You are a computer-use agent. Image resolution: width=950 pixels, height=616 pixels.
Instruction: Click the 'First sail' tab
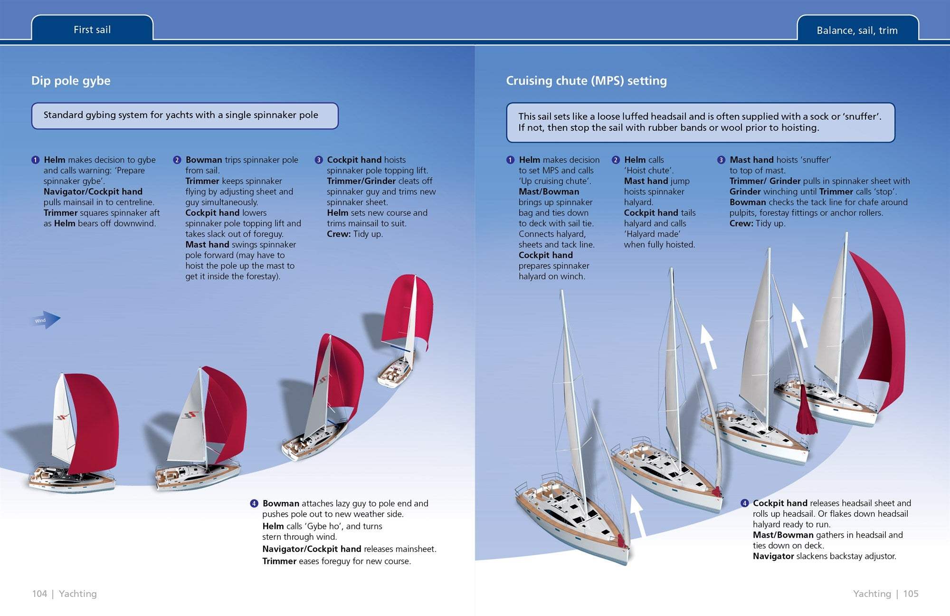pyautogui.click(x=92, y=29)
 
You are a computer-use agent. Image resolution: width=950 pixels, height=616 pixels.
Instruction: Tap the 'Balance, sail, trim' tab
pyautogui.click(x=857, y=30)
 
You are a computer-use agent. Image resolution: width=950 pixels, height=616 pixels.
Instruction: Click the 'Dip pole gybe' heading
pyautogui.click(x=71, y=81)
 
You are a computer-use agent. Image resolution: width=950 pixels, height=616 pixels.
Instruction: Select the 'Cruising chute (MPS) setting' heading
pyautogui.click(x=586, y=81)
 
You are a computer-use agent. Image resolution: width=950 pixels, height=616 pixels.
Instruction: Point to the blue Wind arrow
pyautogui.click(x=46, y=320)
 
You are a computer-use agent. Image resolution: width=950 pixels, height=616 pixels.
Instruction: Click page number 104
pyautogui.click(x=39, y=594)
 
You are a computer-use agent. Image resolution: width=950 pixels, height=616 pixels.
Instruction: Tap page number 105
pyautogui.click(x=911, y=594)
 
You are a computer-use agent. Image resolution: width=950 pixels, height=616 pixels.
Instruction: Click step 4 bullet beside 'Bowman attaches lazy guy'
pyautogui.click(x=254, y=503)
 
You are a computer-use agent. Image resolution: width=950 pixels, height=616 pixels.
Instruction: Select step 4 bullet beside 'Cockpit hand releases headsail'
pyautogui.click(x=744, y=503)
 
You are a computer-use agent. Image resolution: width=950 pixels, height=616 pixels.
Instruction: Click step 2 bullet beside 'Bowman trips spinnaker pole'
pyautogui.click(x=177, y=160)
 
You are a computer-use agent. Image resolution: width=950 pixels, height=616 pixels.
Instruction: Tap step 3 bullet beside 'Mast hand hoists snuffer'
pyautogui.click(x=721, y=160)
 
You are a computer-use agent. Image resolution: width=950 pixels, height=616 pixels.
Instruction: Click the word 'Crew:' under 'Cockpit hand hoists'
pyautogui.click(x=339, y=234)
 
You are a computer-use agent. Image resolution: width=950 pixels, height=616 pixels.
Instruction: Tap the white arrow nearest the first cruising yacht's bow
pyautogui.click(x=638, y=516)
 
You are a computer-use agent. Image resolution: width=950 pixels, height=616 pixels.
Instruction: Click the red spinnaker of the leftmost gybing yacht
pyautogui.click(x=93, y=423)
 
